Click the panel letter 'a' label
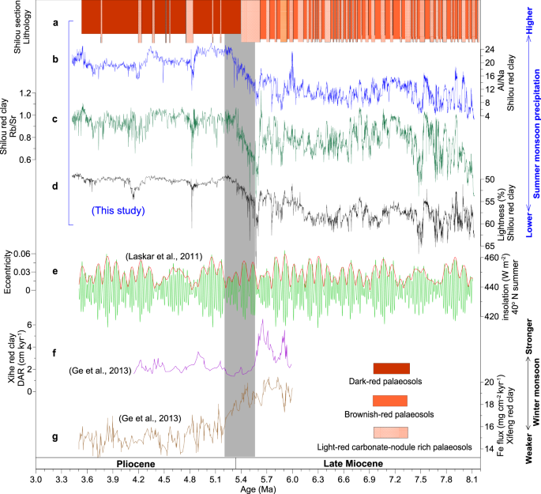(54, 23)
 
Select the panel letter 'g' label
(54, 436)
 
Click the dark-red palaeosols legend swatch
(386, 368)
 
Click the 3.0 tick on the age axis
(36, 478)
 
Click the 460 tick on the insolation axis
(491, 258)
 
